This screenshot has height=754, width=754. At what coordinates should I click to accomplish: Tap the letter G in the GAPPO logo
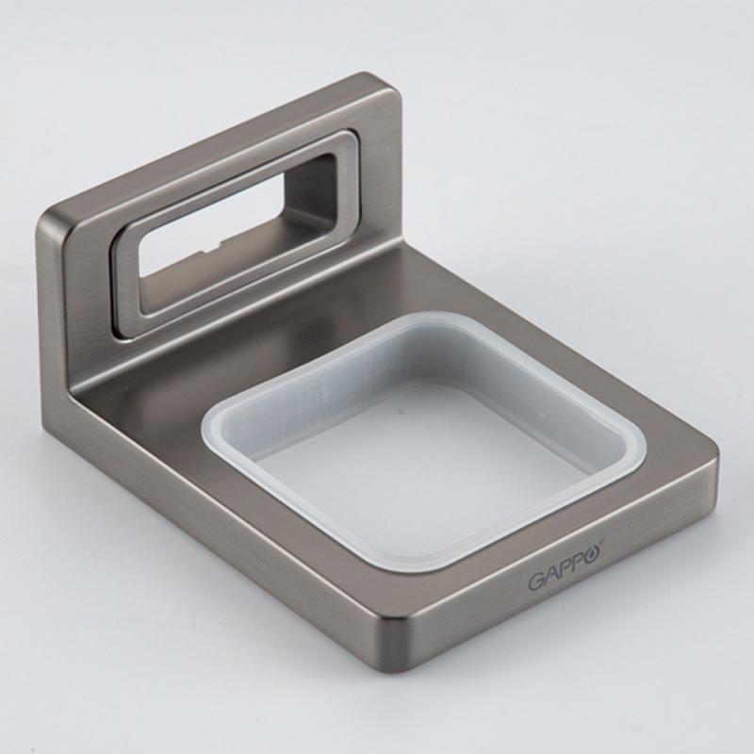(536, 582)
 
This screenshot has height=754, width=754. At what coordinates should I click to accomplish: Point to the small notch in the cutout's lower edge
(216, 248)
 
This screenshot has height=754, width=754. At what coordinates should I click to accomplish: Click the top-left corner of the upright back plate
(44, 218)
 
